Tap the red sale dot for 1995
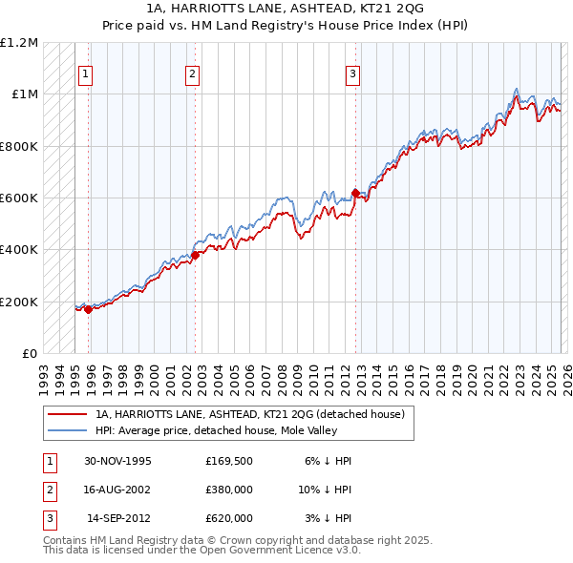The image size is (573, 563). [x=88, y=309]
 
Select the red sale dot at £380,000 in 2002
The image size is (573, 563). [x=194, y=255]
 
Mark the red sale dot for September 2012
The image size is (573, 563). [x=354, y=193]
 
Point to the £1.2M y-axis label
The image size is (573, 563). [x=19, y=43]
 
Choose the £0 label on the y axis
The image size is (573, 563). [x=27, y=354]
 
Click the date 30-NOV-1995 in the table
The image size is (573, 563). [x=118, y=461]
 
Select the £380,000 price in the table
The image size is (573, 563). [x=229, y=490]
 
